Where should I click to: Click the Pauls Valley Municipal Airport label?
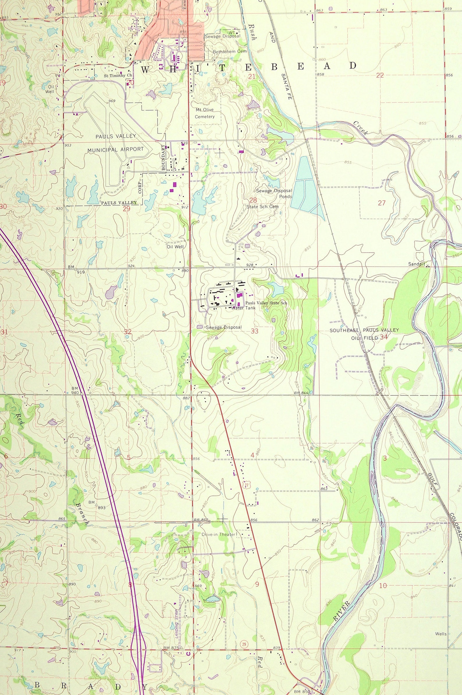click(115, 143)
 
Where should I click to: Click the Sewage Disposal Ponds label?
click(274, 193)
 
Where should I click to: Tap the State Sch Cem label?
click(262, 207)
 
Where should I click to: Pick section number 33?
click(254, 331)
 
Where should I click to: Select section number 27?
click(382, 203)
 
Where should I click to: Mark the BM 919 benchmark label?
click(76, 270)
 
